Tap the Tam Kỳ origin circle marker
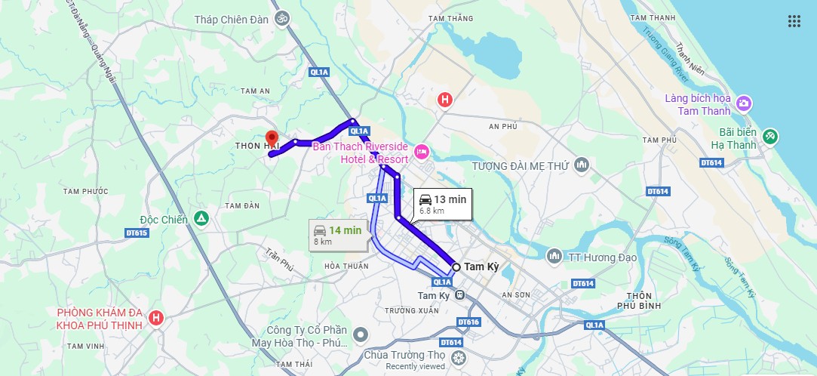click(x=456, y=267)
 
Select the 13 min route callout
click(x=442, y=204)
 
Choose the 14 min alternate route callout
click(x=338, y=235)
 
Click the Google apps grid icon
click(x=794, y=21)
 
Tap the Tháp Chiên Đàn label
click(x=231, y=20)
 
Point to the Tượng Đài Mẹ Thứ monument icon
click(x=581, y=165)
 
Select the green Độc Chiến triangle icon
click(x=201, y=219)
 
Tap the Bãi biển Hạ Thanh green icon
click(x=769, y=137)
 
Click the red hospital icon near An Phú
click(x=445, y=99)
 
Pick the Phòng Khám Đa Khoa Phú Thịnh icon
click(x=156, y=317)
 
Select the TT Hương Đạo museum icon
click(x=554, y=257)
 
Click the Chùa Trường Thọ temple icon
click(x=457, y=355)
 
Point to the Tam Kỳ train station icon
click(x=459, y=295)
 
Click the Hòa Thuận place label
click(x=346, y=266)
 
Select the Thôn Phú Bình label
click(x=638, y=300)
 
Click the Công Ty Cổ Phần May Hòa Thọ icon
click(x=361, y=334)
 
